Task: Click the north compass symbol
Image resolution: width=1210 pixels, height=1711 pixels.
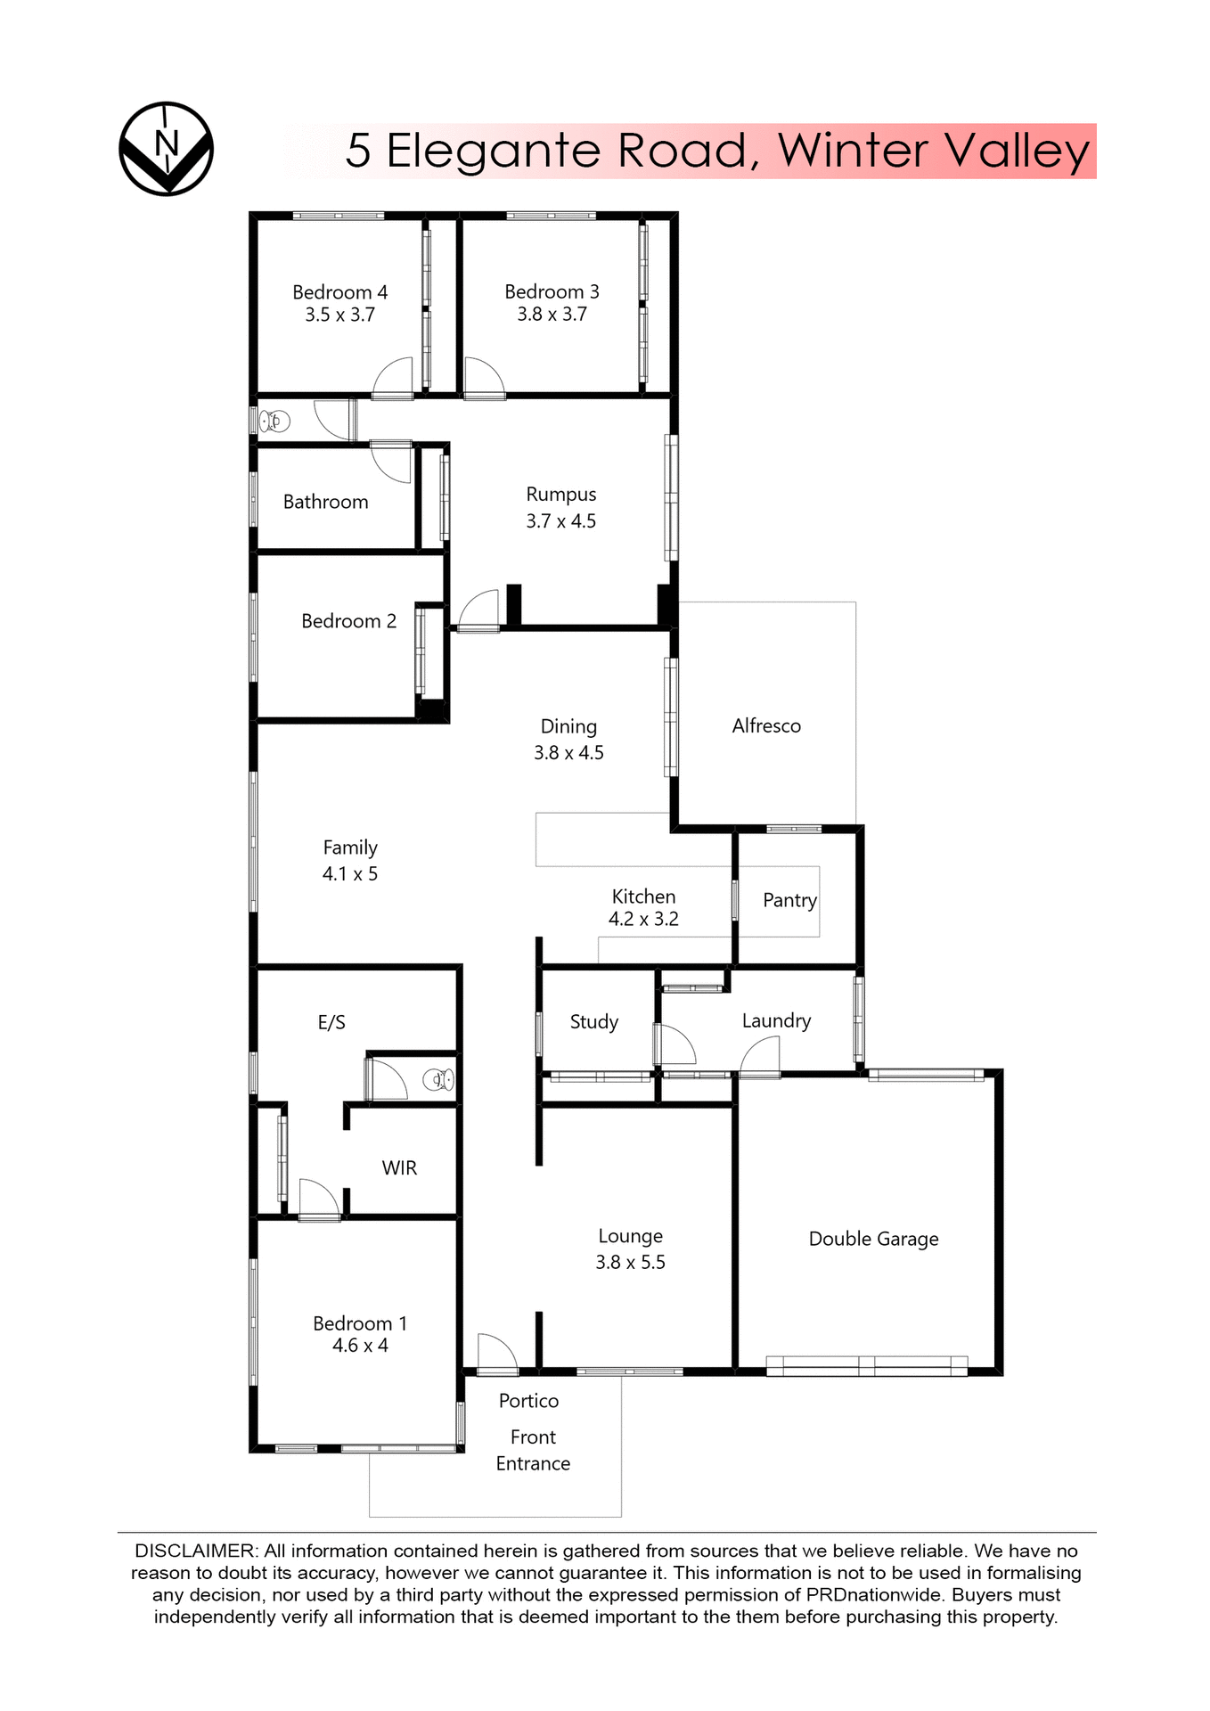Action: click(167, 148)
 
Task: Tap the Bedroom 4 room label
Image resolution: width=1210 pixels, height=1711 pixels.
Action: click(339, 292)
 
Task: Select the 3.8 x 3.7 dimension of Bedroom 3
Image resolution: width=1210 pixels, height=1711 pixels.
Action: click(552, 315)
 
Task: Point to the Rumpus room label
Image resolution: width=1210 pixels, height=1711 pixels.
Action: click(560, 495)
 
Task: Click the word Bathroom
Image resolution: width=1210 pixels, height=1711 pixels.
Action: click(325, 503)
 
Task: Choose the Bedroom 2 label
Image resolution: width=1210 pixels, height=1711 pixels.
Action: click(348, 621)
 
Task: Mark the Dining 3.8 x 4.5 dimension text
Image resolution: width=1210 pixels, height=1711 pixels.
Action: click(568, 753)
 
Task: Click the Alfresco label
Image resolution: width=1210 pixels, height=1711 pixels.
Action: click(766, 726)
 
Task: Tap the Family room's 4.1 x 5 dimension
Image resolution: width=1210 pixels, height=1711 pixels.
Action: click(349, 874)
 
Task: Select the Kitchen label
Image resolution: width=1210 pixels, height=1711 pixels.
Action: click(643, 896)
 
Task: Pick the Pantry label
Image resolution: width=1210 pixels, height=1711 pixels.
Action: click(789, 900)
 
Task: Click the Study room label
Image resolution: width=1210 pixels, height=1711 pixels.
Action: click(593, 1022)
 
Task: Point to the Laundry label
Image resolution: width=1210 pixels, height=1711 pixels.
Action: click(776, 1021)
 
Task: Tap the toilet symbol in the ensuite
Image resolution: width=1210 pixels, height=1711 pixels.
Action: click(438, 1080)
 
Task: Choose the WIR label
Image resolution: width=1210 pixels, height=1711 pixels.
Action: click(399, 1168)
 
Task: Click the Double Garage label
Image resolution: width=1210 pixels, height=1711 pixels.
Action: click(873, 1239)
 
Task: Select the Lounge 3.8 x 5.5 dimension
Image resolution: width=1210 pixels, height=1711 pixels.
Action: click(630, 1263)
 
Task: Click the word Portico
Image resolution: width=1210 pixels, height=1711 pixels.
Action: click(528, 1401)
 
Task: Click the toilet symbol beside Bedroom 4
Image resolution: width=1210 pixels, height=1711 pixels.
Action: click(275, 421)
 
